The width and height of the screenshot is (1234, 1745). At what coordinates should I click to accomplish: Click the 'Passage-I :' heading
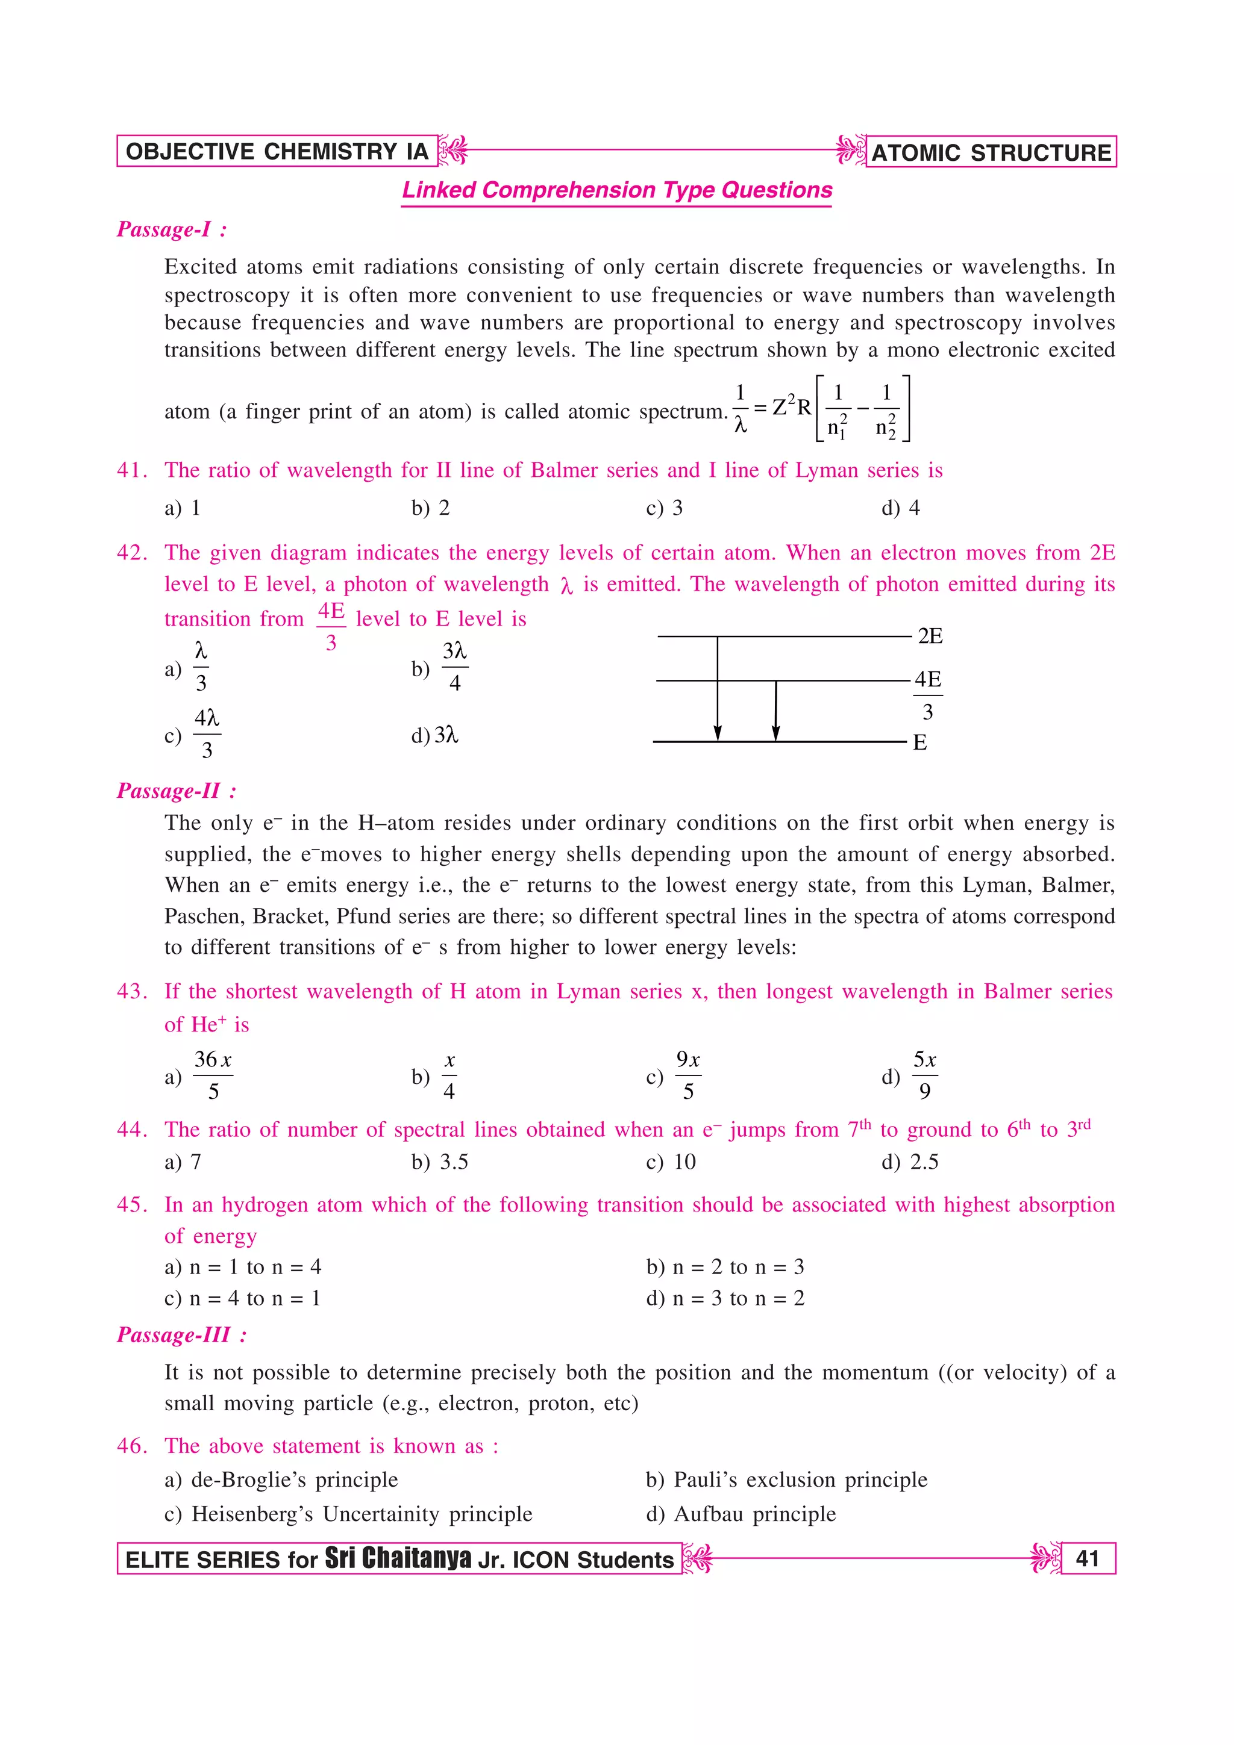(172, 229)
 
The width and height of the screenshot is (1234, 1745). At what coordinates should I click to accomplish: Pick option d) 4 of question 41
(900, 508)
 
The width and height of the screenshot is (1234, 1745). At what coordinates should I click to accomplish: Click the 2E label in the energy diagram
(929, 636)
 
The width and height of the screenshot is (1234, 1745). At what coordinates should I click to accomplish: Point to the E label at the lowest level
(919, 742)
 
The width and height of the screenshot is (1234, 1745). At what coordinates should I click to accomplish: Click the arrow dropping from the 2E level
(717, 688)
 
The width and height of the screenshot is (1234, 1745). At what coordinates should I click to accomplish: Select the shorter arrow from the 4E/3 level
(775, 711)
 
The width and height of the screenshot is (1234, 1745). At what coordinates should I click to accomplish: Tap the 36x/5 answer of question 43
(212, 1075)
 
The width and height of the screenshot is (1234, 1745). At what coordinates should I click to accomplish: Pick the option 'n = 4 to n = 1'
(243, 1298)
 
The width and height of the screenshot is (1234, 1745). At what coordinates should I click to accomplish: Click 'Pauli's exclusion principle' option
(786, 1479)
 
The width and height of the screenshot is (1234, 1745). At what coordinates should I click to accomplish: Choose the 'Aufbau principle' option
(741, 1513)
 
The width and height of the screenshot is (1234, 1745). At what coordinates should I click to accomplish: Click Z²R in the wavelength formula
(791, 408)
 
